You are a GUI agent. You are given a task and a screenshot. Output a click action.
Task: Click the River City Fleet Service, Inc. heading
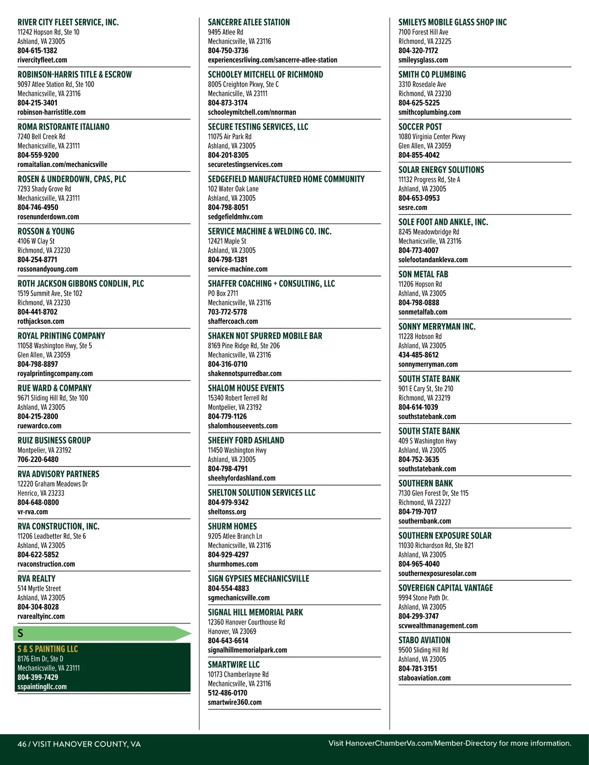pos(68,22)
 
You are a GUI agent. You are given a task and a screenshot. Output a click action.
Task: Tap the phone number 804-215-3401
pos(37,103)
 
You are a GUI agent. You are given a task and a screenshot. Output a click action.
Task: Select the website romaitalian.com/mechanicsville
pos(62,164)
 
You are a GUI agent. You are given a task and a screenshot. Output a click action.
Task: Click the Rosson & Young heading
pos(46,231)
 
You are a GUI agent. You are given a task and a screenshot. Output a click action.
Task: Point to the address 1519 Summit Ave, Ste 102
pos(50,293)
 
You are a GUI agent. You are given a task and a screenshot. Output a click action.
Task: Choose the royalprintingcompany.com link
pos(55,374)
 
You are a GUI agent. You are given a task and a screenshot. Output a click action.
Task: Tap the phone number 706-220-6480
pos(38,460)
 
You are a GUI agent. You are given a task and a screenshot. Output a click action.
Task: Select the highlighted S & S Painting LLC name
pos(48,649)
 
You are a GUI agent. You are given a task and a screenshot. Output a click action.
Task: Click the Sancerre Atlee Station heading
pos(249,22)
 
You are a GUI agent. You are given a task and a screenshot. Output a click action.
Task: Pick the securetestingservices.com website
pos(245,164)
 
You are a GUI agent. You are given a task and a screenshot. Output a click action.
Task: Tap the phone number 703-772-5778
pos(227,312)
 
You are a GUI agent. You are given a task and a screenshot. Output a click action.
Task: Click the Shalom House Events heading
pos(246,388)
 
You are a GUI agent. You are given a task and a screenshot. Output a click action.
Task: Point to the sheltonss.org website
pos(227,512)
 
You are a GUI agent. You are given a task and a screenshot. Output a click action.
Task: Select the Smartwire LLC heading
pos(234,664)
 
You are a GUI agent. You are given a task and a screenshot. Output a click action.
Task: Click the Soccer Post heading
pos(420,127)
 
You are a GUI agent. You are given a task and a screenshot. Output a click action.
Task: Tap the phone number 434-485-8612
pos(419,355)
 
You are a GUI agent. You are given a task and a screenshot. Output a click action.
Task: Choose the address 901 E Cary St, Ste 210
pos(426,388)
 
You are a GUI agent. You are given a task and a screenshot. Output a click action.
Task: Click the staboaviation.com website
pos(425,678)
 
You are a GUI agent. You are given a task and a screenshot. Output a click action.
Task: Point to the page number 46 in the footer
pos(22,744)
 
